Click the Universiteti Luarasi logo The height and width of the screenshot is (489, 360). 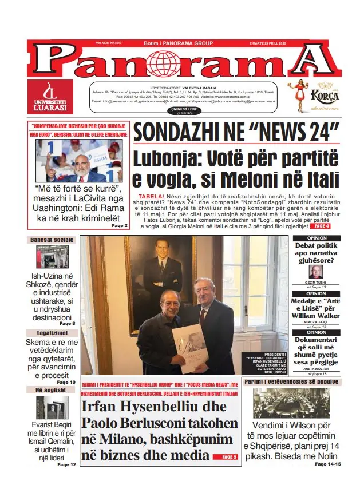click(x=50, y=97)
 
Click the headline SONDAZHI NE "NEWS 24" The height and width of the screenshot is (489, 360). click(x=236, y=133)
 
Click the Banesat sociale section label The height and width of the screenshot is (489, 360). click(x=52, y=240)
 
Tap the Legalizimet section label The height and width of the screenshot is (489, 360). click(x=52, y=333)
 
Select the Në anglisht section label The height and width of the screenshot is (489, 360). click(x=52, y=390)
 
